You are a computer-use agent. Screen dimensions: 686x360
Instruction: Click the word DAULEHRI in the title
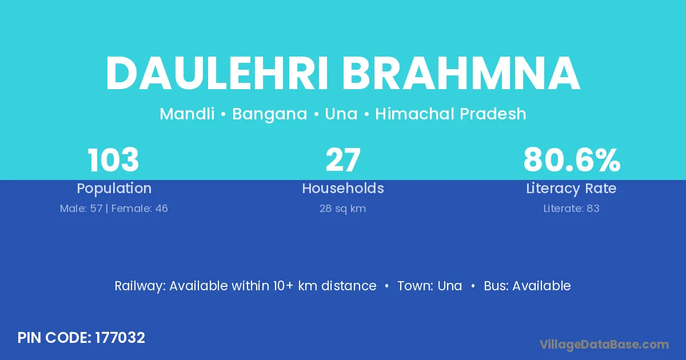click(217, 74)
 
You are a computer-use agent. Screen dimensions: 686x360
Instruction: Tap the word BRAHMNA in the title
click(461, 74)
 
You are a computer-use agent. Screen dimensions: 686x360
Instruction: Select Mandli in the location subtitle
click(187, 114)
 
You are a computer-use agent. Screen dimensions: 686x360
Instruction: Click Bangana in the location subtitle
click(269, 114)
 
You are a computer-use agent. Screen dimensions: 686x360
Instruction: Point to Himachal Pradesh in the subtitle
click(450, 114)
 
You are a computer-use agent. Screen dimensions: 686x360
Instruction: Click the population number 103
click(113, 160)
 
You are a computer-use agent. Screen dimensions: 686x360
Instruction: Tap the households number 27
click(343, 160)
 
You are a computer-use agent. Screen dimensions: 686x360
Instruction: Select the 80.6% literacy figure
click(572, 160)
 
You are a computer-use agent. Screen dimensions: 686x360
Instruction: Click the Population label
click(114, 189)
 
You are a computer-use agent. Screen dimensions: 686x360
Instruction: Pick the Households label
click(343, 188)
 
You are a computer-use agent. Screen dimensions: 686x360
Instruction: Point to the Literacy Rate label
click(571, 189)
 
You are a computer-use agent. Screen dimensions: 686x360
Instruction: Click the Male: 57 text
click(81, 209)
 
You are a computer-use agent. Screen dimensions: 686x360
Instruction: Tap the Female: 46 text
click(139, 209)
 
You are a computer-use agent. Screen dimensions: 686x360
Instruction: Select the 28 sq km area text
click(342, 209)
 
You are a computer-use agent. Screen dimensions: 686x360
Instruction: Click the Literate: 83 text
click(571, 209)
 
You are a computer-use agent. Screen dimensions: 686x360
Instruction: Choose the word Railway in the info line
click(140, 286)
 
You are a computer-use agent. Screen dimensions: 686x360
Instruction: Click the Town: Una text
click(430, 286)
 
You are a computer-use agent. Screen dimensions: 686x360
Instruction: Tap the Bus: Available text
click(527, 286)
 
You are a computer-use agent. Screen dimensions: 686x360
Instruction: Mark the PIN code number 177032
click(120, 338)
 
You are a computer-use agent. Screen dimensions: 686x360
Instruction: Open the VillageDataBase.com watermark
click(604, 345)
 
